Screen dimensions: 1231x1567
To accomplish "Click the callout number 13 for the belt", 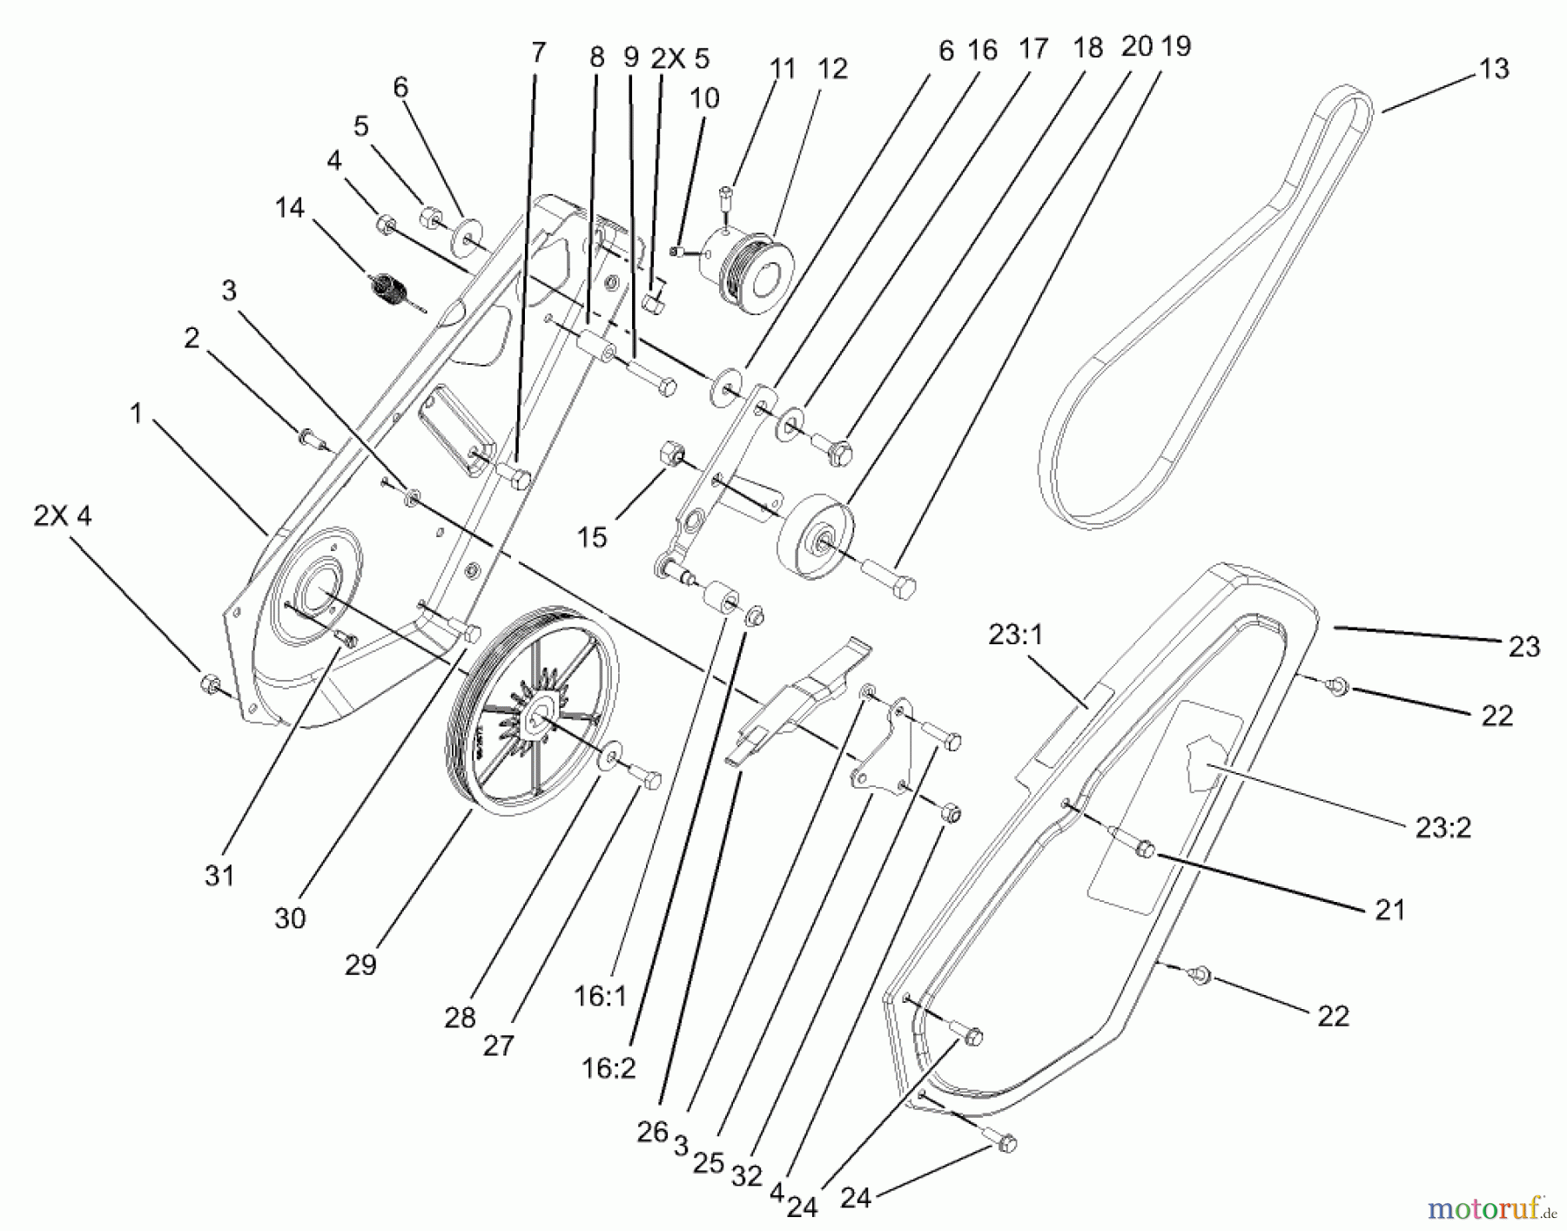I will pos(1494,69).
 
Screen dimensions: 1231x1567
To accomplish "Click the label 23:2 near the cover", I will pos(1443,827).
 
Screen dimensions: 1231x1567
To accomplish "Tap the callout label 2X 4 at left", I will pos(62,515).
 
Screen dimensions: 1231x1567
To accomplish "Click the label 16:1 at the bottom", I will pos(600,996).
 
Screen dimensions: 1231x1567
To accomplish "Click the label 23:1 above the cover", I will pos(1015,635).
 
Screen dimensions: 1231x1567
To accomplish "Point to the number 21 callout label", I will pos(1389,910).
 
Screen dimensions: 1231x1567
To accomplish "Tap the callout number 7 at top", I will pos(538,52).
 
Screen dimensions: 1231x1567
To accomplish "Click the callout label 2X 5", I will pos(680,58).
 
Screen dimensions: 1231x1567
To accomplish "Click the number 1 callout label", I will pos(135,414).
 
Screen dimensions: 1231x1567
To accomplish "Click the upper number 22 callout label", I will pos(1496,716).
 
